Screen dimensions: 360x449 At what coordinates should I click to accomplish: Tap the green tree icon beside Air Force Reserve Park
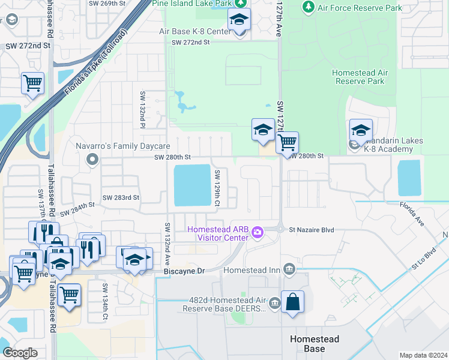(x=308, y=7)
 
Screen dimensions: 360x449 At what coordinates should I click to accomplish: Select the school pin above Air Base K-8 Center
(x=239, y=20)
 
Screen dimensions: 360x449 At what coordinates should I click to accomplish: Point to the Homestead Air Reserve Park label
(x=359, y=77)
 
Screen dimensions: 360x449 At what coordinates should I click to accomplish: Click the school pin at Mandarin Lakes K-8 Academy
(x=361, y=131)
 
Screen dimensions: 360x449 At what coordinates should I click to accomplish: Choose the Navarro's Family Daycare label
(x=123, y=146)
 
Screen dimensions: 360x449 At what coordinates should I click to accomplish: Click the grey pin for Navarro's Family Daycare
(x=92, y=160)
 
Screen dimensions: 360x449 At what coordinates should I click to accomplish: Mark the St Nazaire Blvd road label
(x=311, y=230)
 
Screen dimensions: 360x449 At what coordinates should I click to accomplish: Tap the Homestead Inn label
(x=252, y=270)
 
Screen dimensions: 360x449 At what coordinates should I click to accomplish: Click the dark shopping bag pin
(x=292, y=303)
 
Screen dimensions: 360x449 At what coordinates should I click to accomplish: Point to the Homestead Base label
(x=316, y=344)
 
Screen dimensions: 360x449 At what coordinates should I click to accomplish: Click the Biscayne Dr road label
(x=184, y=271)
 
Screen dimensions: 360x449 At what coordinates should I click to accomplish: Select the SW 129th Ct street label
(x=217, y=188)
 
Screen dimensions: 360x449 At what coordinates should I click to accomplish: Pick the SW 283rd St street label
(x=121, y=197)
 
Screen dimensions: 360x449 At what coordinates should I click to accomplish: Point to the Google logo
(x=20, y=353)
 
